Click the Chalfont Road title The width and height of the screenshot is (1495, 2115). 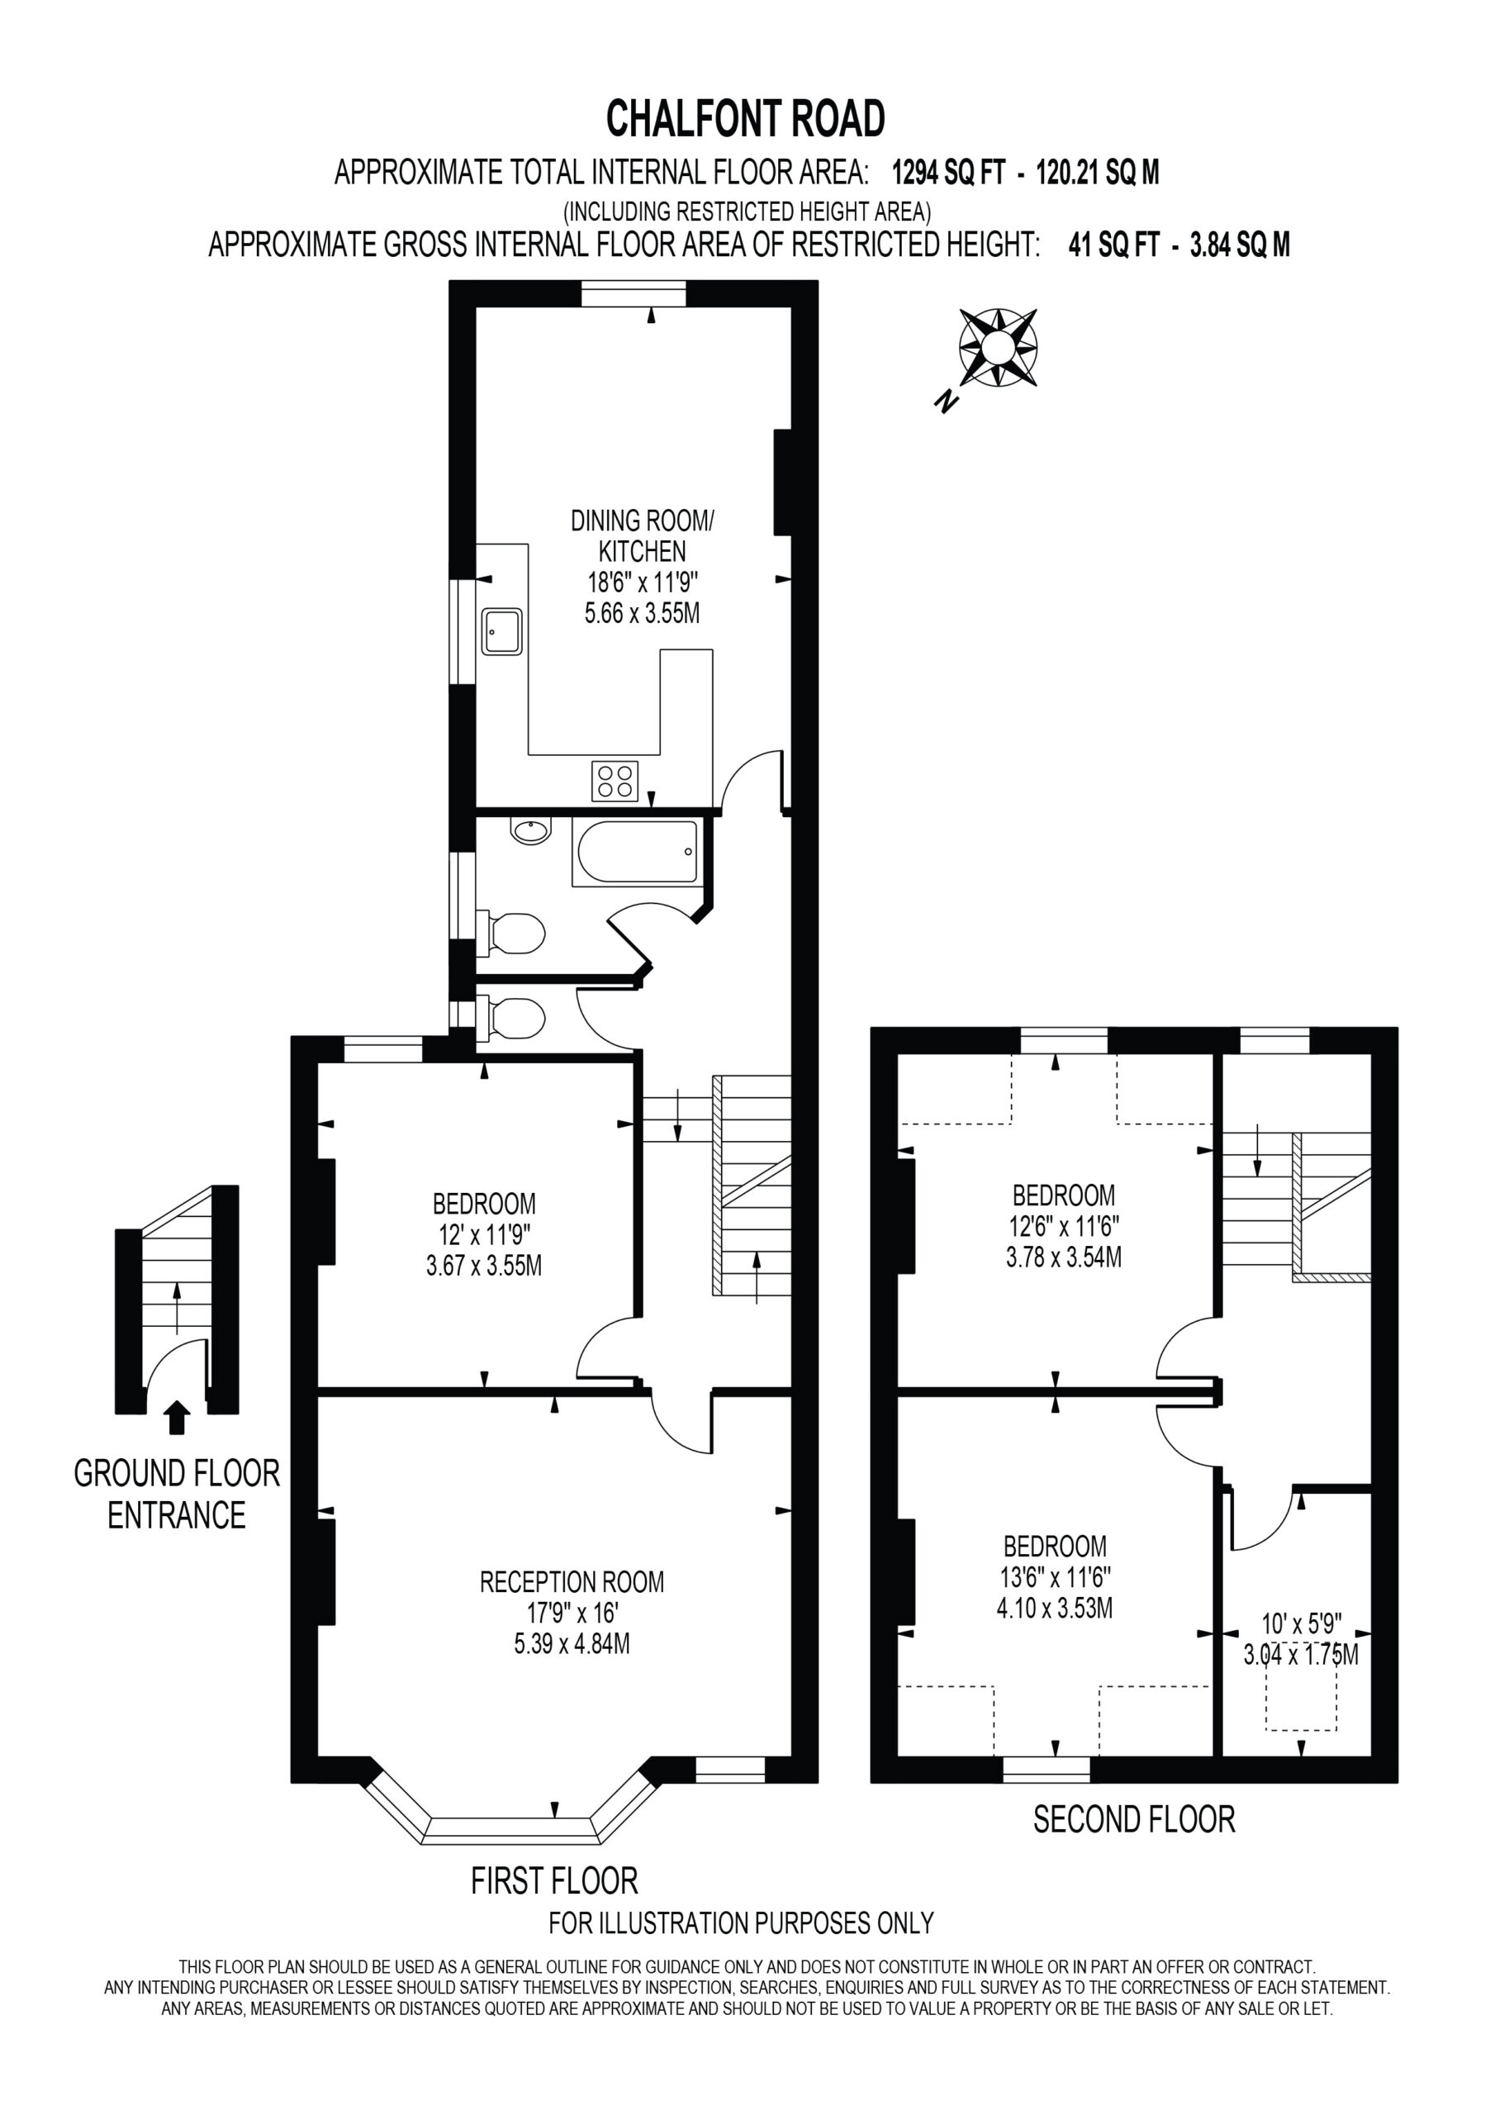[x=745, y=119]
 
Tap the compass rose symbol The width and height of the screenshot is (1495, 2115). [x=998, y=347]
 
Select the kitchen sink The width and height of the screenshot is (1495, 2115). [x=502, y=632]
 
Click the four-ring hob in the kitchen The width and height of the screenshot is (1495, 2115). [x=615, y=782]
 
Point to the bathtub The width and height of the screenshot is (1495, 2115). [x=636, y=853]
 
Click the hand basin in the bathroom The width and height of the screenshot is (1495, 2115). [x=530, y=832]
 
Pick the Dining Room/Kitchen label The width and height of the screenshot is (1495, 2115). [x=642, y=536]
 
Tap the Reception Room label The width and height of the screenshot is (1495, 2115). [x=572, y=1583]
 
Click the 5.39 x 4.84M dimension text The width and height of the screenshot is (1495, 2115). [x=572, y=1643]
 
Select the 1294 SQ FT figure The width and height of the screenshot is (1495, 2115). [x=948, y=173]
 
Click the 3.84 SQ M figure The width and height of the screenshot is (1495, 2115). [x=1240, y=245]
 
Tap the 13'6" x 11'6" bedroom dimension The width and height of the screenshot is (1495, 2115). [x=1056, y=1577]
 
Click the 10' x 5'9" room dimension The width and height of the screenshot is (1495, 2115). [x=1302, y=1623]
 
